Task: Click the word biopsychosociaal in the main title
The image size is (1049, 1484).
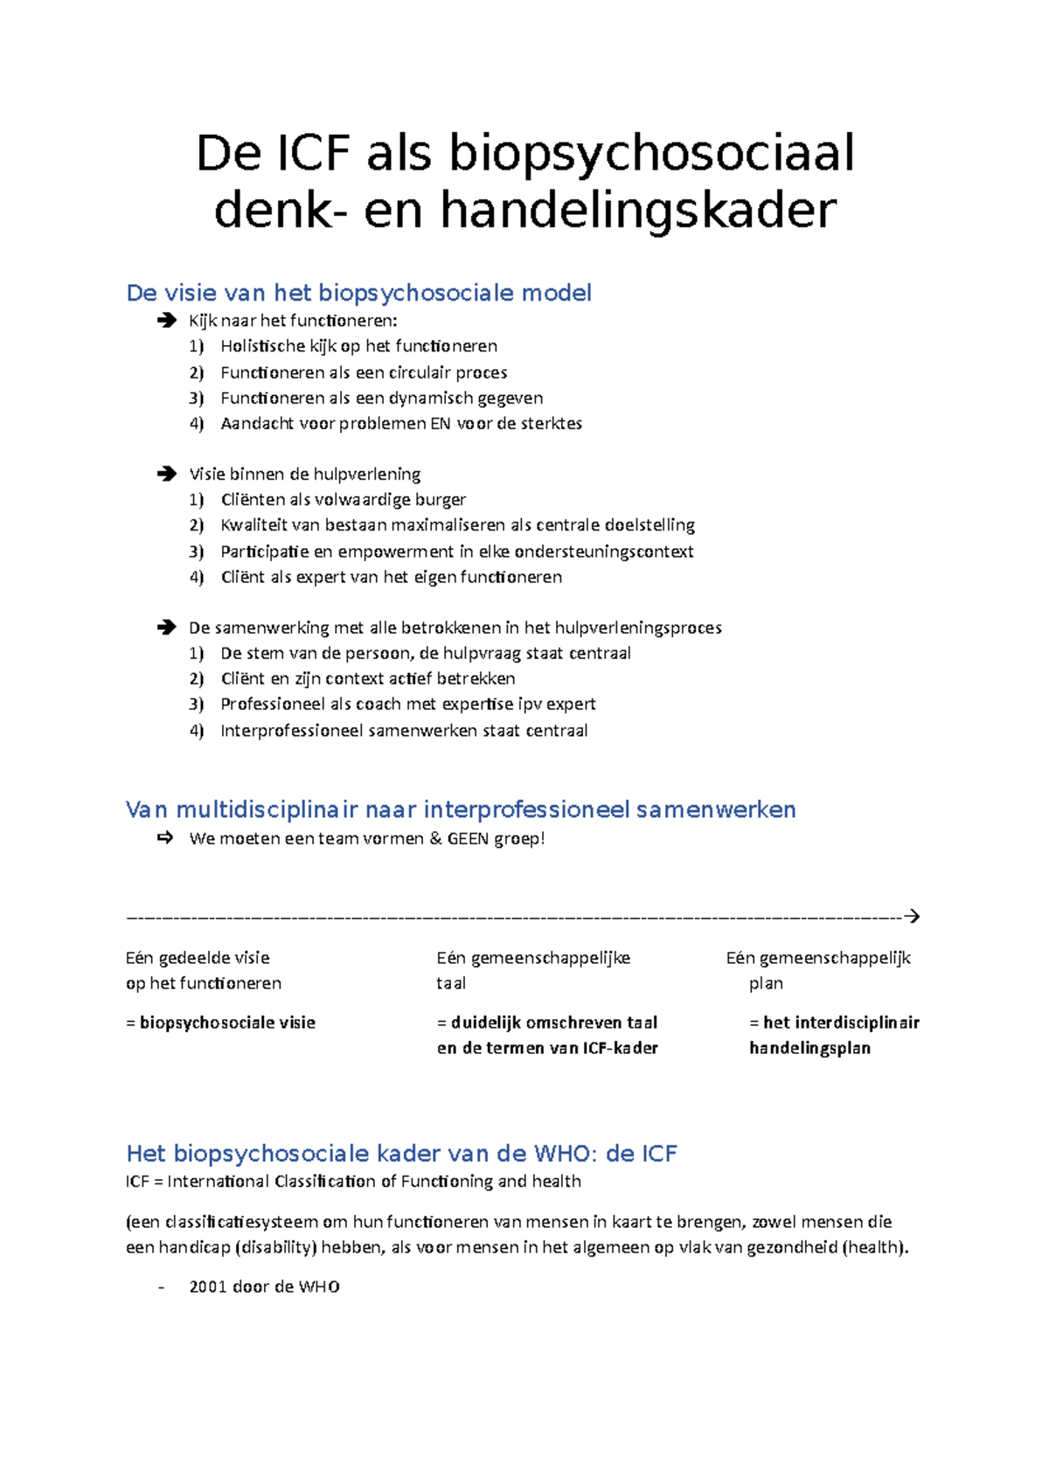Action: coord(651,155)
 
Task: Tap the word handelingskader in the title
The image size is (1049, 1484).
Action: coord(638,212)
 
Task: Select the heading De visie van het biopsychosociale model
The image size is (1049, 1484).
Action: coord(358,293)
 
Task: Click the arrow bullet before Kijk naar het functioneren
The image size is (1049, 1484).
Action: coord(166,321)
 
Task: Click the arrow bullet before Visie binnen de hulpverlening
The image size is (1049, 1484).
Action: coord(166,474)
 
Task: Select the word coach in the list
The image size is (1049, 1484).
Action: coord(378,704)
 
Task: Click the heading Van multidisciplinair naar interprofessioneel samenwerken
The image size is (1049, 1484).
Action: coord(461,810)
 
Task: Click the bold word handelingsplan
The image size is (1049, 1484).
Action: coord(809,1048)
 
